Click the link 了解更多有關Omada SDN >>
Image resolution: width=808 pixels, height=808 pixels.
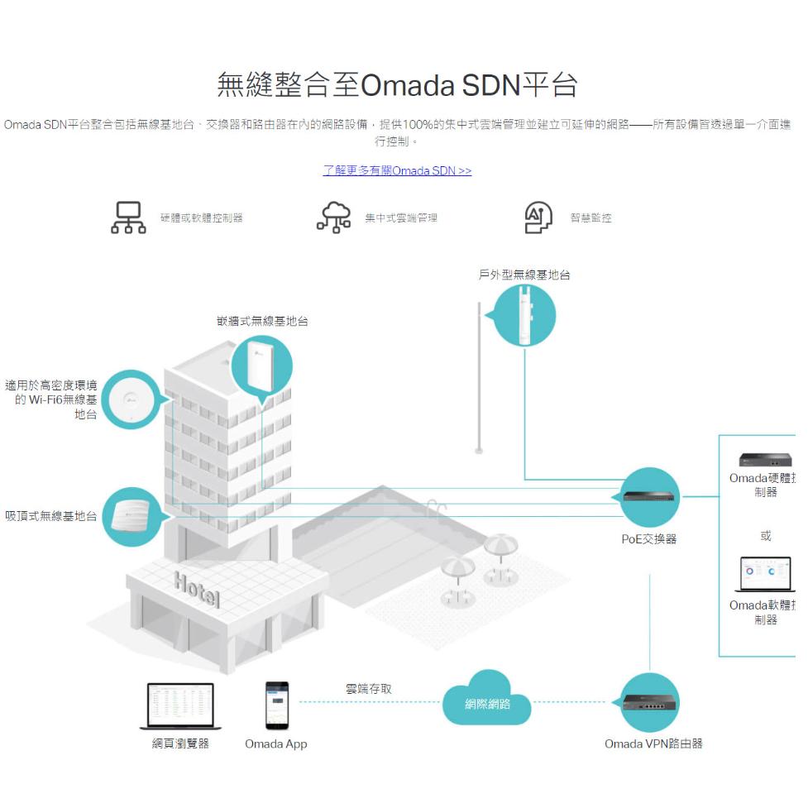[x=397, y=171]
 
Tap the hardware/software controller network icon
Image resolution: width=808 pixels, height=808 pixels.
[x=128, y=218]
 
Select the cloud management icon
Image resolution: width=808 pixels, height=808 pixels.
[x=334, y=218]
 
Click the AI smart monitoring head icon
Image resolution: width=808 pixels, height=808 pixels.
[x=539, y=218]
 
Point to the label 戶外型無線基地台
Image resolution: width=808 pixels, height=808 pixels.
[x=524, y=275]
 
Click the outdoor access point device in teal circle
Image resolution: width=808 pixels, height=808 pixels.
[x=525, y=315]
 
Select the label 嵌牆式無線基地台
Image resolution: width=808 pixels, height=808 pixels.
[x=263, y=321]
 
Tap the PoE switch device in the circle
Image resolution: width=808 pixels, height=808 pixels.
[x=649, y=497]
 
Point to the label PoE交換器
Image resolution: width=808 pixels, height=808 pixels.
[x=649, y=539]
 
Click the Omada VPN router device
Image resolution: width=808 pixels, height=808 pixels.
[x=649, y=703]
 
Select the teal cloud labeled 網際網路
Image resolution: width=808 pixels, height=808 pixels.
[x=488, y=702]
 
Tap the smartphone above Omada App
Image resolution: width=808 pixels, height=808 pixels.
[x=276, y=705]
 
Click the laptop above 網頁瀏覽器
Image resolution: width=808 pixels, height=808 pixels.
[x=180, y=705]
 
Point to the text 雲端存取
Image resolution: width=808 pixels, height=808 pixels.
[x=369, y=689]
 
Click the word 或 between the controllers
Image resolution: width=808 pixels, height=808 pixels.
[x=766, y=536]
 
